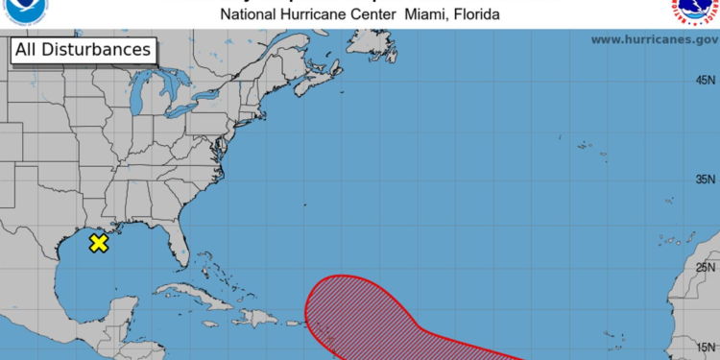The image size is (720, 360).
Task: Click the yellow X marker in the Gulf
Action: point(98,243)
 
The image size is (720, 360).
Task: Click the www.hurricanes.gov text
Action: point(655,39)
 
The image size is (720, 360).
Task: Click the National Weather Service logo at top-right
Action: point(693,11)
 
